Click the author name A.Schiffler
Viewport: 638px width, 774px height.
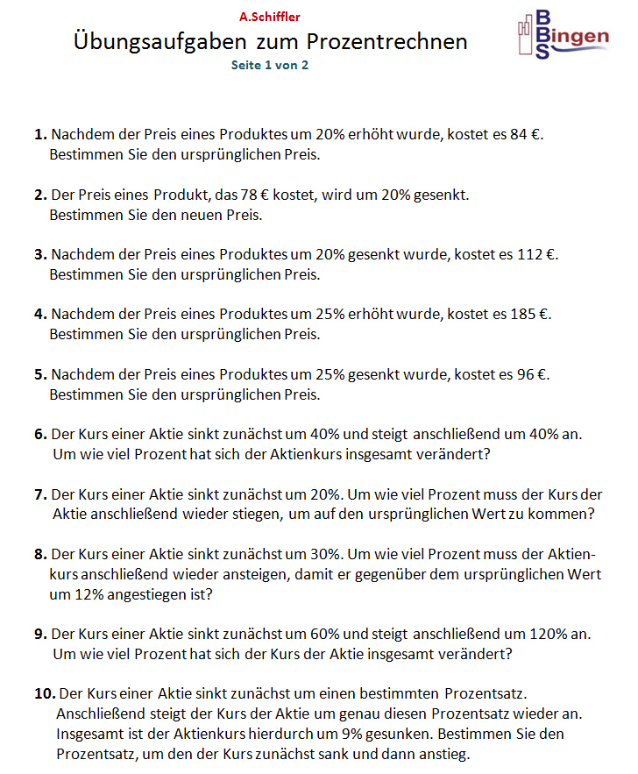(x=269, y=17)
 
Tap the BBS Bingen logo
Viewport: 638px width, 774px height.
(x=562, y=35)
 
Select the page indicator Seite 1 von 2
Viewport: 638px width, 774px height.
(x=269, y=66)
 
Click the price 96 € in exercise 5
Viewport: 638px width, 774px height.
(x=528, y=374)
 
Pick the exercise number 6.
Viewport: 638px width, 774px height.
(x=40, y=435)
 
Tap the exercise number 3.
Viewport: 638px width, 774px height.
(x=40, y=255)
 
